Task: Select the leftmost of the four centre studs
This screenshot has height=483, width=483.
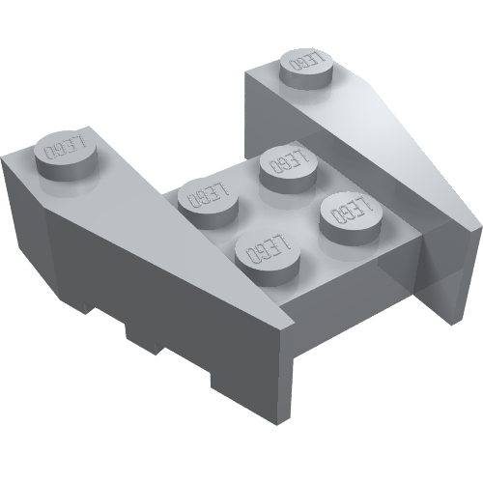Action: [x=208, y=203]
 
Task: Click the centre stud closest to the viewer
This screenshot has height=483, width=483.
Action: [x=268, y=257]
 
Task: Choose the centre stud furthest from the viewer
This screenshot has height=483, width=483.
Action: [x=288, y=168]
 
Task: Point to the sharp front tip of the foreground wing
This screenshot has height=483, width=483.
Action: [x=294, y=323]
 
